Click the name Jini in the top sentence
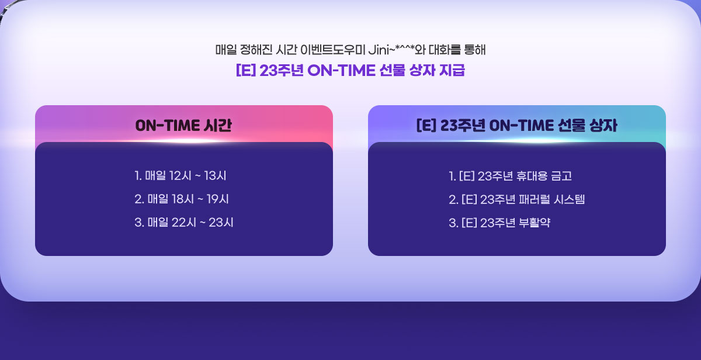pyautogui.click(x=379, y=50)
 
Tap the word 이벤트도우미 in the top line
pyautogui.click(x=332, y=50)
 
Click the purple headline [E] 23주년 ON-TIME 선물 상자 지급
pyautogui.click(x=350, y=70)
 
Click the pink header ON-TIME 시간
pyautogui.click(x=183, y=126)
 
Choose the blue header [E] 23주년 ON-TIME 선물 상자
pyautogui.click(x=516, y=126)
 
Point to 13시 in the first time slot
pyautogui.click(x=216, y=176)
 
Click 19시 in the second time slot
pyautogui.click(x=218, y=199)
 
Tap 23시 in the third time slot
pyautogui.click(x=221, y=223)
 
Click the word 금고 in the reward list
pyautogui.click(x=561, y=176)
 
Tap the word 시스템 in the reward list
pyautogui.click(x=569, y=199)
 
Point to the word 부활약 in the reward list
pyautogui.click(x=535, y=223)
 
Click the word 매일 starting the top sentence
pyautogui.click(x=226, y=50)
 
